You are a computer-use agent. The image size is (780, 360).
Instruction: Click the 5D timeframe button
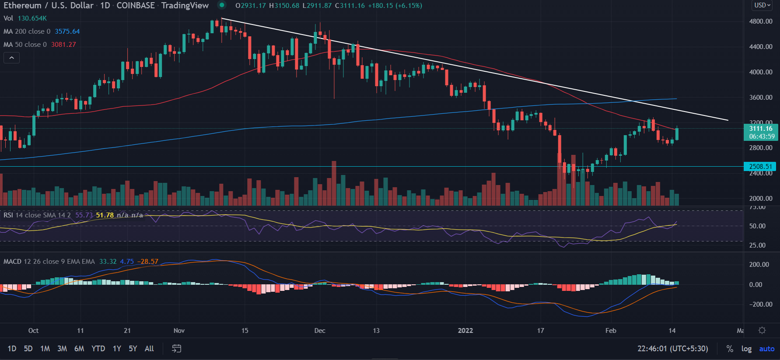point(28,349)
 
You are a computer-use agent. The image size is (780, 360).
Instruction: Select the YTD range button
point(98,349)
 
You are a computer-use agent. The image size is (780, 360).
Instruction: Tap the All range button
point(149,349)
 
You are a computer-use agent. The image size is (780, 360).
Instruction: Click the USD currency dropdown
point(762,5)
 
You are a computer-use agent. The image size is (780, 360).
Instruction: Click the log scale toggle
point(746,349)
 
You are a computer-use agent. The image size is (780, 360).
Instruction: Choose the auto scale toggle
point(766,349)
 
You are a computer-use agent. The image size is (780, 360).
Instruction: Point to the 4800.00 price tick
point(761,21)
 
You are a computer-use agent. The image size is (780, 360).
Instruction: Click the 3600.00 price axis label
point(761,98)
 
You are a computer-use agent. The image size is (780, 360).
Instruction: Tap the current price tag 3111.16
point(761,129)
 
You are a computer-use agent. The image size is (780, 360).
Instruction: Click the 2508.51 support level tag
point(760,167)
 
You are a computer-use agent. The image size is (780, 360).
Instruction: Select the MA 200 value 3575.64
point(67,31)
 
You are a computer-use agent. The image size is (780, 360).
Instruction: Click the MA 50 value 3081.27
point(63,45)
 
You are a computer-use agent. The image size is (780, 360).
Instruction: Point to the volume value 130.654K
point(32,18)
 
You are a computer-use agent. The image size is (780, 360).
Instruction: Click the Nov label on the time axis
point(179,331)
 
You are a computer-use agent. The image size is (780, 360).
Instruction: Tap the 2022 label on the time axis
point(465,331)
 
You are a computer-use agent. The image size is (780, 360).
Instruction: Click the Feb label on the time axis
point(611,331)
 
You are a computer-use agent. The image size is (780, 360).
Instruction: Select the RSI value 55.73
point(84,215)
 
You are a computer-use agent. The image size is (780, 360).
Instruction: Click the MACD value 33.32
point(108,262)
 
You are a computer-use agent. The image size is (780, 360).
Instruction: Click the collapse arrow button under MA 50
point(12,58)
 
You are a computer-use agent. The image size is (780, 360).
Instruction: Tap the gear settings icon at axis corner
point(762,330)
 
